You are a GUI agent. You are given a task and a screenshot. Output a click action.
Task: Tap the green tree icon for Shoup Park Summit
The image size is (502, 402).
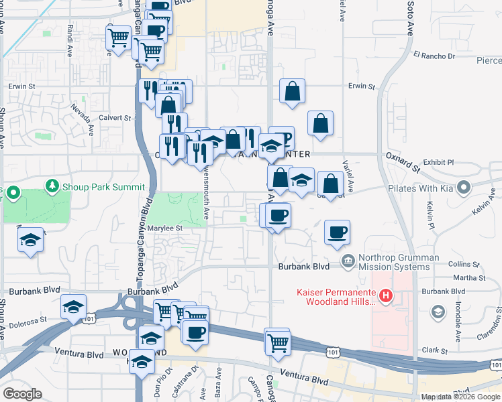52,186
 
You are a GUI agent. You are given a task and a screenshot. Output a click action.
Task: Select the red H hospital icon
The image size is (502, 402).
386,295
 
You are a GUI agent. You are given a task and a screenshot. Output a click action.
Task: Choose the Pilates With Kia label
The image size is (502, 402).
419,188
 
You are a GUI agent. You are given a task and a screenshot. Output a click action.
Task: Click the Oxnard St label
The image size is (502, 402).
402,161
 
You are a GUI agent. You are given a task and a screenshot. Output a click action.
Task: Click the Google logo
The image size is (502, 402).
22,394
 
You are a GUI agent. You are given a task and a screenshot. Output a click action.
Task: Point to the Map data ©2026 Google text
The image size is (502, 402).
460,397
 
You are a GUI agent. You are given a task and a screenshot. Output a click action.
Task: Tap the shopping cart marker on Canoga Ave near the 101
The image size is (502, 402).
277,342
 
